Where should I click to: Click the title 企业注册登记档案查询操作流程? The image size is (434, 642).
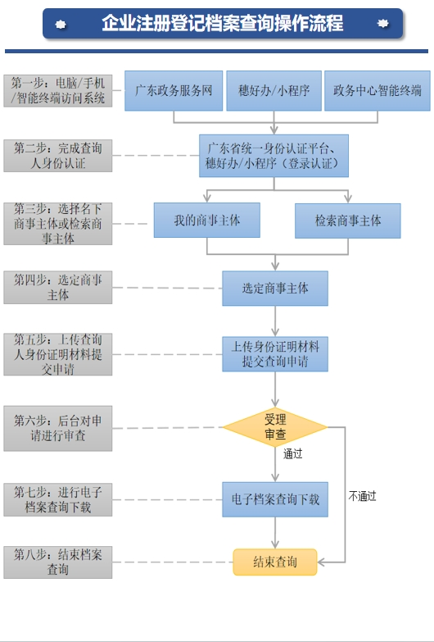[222, 23]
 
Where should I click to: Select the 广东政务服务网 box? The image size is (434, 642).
[174, 91]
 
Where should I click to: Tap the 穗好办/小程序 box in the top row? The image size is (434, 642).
[274, 91]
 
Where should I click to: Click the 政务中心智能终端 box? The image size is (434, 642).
[377, 91]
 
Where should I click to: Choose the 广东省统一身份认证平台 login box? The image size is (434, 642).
[274, 156]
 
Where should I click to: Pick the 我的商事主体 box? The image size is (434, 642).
[207, 221]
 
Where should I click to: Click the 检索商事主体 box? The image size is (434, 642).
[348, 221]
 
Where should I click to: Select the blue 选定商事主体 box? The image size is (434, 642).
[275, 289]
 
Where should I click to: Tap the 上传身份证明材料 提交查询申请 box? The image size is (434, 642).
[275, 354]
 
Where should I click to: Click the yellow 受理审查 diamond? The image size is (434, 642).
[275, 426]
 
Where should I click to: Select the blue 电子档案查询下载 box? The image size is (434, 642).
[275, 499]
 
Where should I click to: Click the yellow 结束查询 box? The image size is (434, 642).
[275, 562]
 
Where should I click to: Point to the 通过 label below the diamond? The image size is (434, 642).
[292, 453]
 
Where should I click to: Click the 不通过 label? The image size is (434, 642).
[362, 495]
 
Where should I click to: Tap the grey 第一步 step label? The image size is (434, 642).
[58, 91]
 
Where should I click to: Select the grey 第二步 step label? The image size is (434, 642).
[58, 156]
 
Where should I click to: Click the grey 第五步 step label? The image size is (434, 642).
[58, 354]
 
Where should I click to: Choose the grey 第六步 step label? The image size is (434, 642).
[58, 428]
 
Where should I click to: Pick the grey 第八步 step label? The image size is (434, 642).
[58, 562]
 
